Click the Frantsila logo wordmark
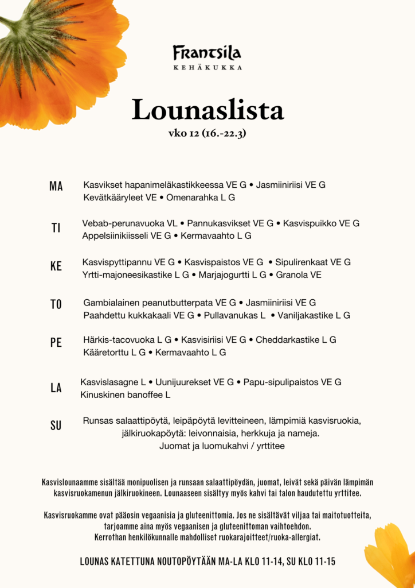[207, 53]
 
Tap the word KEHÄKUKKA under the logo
[207, 67]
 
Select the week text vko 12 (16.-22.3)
[207, 133]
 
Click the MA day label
[56, 186]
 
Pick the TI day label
[56, 228]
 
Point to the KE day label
[56, 266]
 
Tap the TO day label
[56, 304]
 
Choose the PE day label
[56, 343]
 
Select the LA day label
[56, 388]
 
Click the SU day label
[56, 425]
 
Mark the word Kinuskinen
[101, 395]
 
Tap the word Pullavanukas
[231, 315]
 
